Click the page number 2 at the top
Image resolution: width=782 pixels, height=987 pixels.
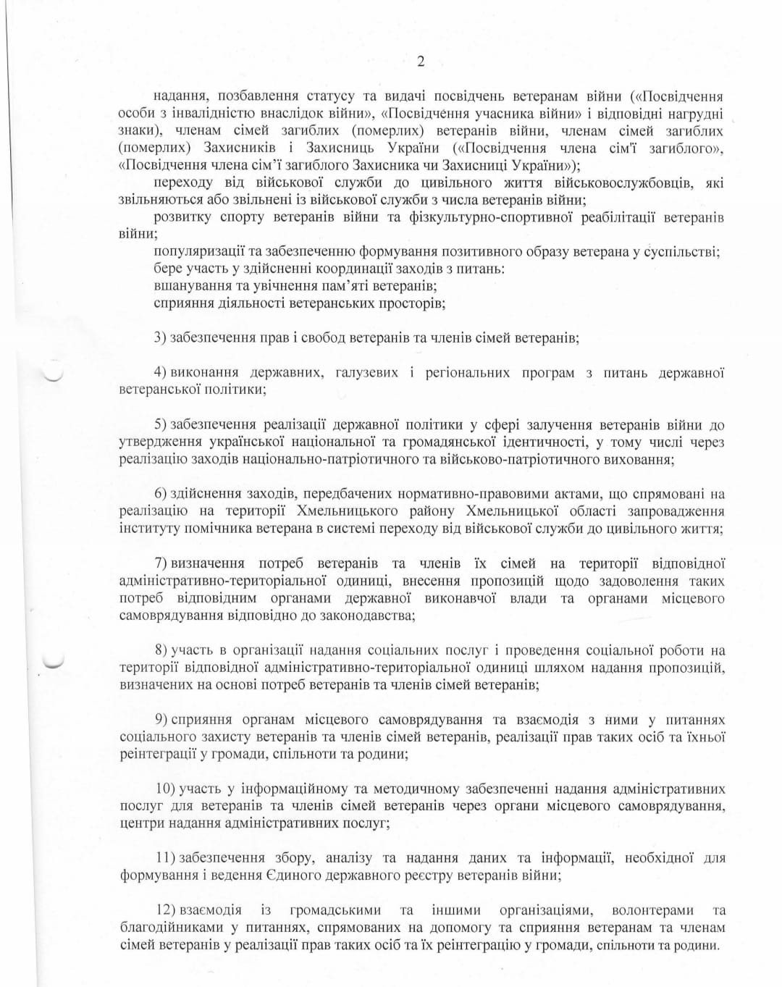click(x=421, y=62)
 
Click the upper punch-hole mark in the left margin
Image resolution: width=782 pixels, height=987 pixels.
click(x=53, y=375)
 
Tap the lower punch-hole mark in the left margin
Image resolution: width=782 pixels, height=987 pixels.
click(x=53, y=661)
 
